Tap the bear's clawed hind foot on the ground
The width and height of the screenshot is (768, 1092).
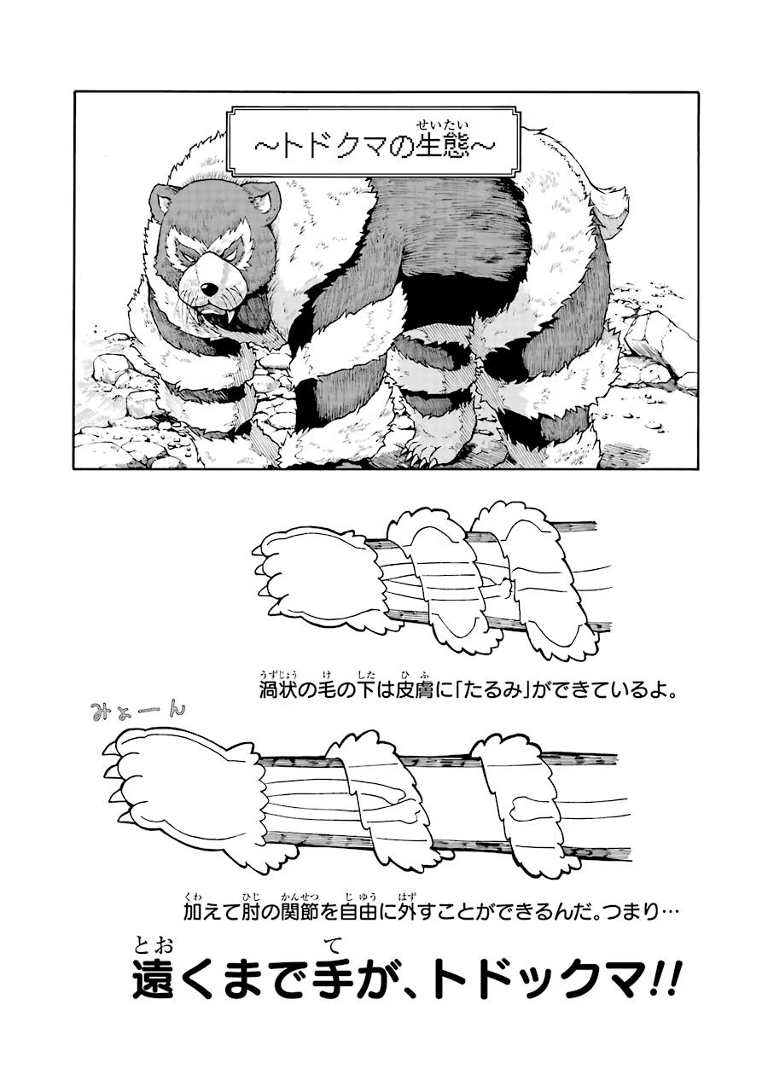point(437,448)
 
